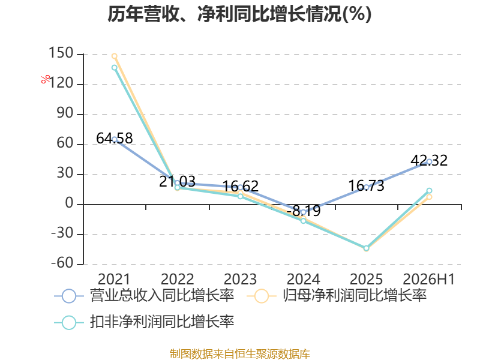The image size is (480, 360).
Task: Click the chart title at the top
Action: [239, 14]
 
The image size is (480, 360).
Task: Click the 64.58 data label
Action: [115, 138]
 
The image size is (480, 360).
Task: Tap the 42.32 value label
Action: [429, 160]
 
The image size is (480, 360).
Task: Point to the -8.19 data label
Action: [304, 211]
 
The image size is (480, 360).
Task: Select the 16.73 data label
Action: [366, 186]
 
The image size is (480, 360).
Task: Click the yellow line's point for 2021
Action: [115, 56]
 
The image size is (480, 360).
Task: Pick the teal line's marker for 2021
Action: [115, 68]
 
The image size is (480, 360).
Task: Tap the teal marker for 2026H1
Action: [429, 191]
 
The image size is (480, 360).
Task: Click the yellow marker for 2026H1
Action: [429, 197]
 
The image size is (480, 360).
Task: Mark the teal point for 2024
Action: [304, 221]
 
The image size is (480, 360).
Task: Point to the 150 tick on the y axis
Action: [61, 53]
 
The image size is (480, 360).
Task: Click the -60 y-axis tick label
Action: [62, 263]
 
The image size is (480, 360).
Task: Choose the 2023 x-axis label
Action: [241, 279]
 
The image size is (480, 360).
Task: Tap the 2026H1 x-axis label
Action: [429, 279]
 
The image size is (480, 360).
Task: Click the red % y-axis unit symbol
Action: [46, 79]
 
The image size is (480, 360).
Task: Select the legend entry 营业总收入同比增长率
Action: [144, 296]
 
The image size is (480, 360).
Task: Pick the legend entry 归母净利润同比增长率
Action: [337, 296]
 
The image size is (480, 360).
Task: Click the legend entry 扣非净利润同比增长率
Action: [144, 322]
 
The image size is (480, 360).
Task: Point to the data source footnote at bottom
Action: [240, 353]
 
